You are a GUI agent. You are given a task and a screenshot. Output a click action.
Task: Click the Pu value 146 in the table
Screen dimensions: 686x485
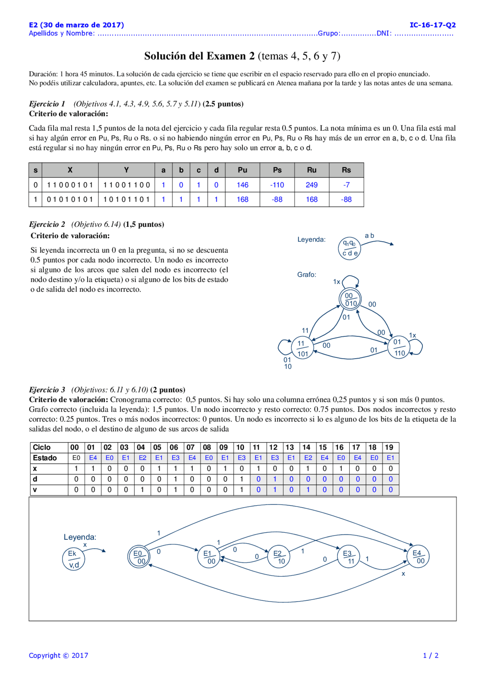tap(242, 185)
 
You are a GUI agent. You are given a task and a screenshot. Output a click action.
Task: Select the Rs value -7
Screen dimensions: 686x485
tap(346, 185)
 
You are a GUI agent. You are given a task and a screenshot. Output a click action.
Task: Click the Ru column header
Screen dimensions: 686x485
tap(311, 170)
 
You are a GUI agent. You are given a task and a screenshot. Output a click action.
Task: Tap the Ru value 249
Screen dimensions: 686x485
tap(311, 185)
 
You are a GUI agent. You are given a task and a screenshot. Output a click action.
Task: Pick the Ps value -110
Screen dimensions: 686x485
tap(277, 185)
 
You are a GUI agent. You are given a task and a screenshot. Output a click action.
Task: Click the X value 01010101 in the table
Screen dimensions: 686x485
tap(70, 199)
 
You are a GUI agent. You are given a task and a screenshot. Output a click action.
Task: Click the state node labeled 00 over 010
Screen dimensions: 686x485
tap(350, 299)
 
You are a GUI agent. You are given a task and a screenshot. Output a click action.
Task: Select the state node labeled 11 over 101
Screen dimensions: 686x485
tap(302, 348)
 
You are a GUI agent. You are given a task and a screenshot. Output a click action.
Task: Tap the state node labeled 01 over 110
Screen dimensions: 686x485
tap(399, 347)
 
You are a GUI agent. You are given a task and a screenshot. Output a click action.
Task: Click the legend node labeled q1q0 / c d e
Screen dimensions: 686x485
tap(349, 248)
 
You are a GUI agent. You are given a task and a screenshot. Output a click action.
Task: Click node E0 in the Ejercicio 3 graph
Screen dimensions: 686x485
tap(139, 557)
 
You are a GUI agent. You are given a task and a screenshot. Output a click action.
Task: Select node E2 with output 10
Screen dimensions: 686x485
tap(279, 557)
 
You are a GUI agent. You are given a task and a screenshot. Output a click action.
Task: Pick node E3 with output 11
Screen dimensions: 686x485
tap(349, 557)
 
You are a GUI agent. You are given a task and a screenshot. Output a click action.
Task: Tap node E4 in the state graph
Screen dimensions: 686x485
tap(418, 556)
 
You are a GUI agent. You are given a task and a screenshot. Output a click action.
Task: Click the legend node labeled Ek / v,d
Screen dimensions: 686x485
tap(74, 559)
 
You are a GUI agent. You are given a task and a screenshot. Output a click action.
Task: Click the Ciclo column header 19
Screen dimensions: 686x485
tap(390, 447)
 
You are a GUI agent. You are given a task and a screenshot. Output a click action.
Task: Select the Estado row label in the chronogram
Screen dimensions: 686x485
tap(45, 458)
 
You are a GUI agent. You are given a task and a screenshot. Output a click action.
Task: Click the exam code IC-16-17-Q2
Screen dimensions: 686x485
tap(432, 25)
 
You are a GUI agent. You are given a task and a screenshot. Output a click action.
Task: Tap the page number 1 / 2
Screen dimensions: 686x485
tap(430, 655)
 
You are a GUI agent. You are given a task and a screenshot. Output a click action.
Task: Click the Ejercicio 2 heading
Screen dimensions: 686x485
tap(47, 224)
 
